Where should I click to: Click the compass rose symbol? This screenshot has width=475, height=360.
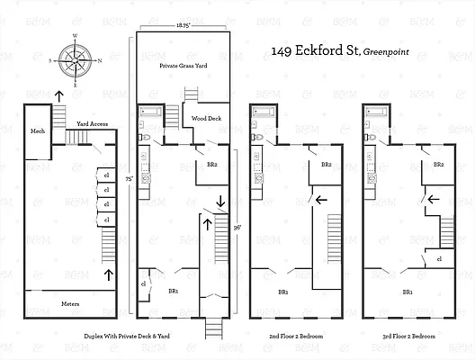tap(76, 60)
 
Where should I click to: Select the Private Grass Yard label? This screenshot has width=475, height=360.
tap(184, 66)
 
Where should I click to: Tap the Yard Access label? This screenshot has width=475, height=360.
tap(94, 124)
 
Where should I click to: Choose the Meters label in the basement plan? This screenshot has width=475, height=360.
tap(70, 303)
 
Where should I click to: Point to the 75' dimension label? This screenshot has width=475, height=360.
tap(130, 177)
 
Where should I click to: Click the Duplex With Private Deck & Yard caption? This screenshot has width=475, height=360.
tap(182, 335)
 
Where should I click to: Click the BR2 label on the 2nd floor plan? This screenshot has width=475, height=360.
tap(326, 165)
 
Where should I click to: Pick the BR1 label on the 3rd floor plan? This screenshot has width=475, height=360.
tap(407, 292)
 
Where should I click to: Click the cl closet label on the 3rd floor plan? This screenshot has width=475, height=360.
tap(438, 259)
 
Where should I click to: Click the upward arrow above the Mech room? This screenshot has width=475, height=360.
tap(58, 94)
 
